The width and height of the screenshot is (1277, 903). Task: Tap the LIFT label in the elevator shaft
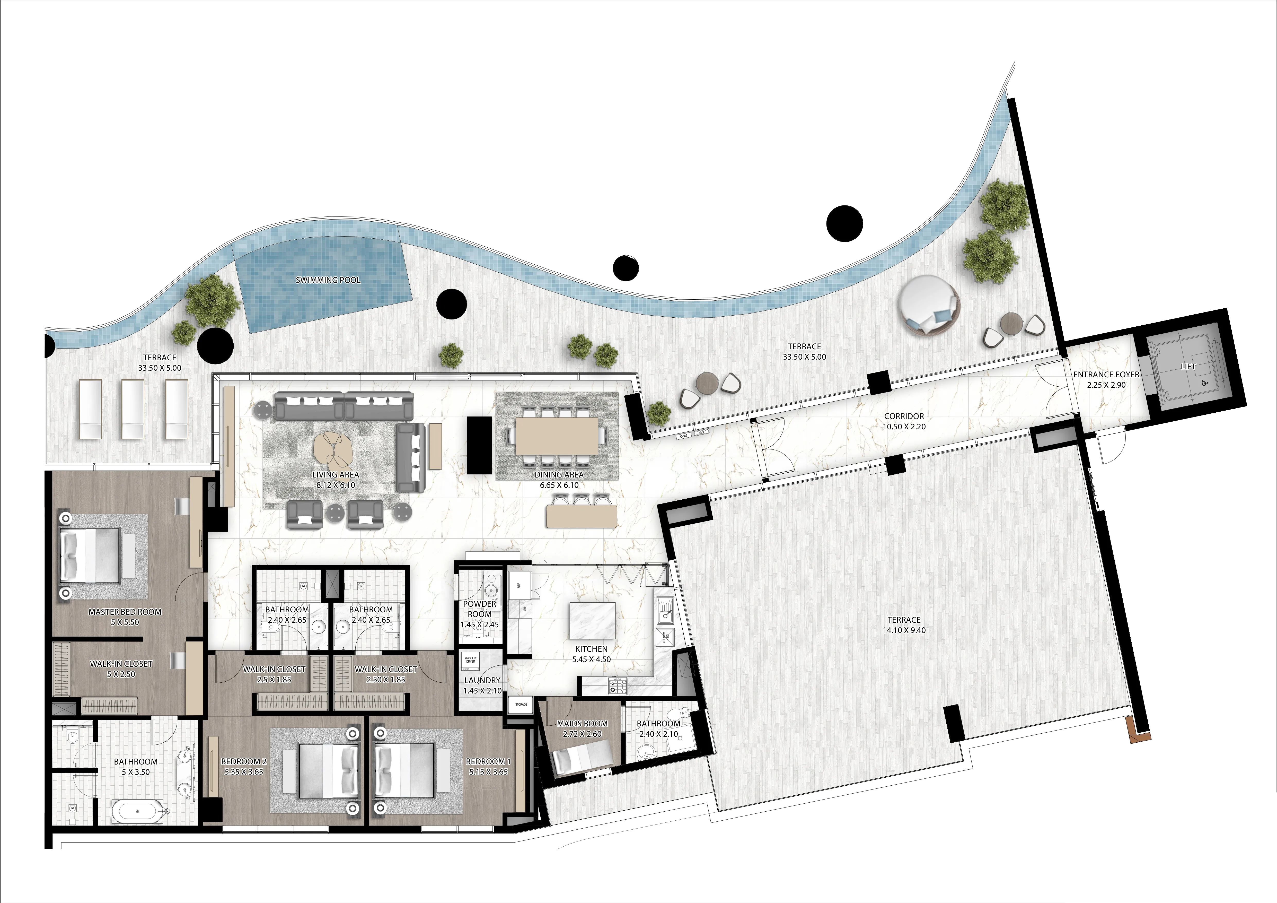[1188, 367]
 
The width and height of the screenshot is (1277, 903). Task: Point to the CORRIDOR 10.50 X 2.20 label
[904, 421]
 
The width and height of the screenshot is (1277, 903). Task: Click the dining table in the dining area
[557, 436]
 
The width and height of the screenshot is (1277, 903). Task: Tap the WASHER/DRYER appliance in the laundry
[471, 660]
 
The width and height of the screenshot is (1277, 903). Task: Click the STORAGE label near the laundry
[521, 704]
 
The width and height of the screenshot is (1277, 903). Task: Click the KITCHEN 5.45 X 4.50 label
[591, 654]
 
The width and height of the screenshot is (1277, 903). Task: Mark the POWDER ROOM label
[479, 609]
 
